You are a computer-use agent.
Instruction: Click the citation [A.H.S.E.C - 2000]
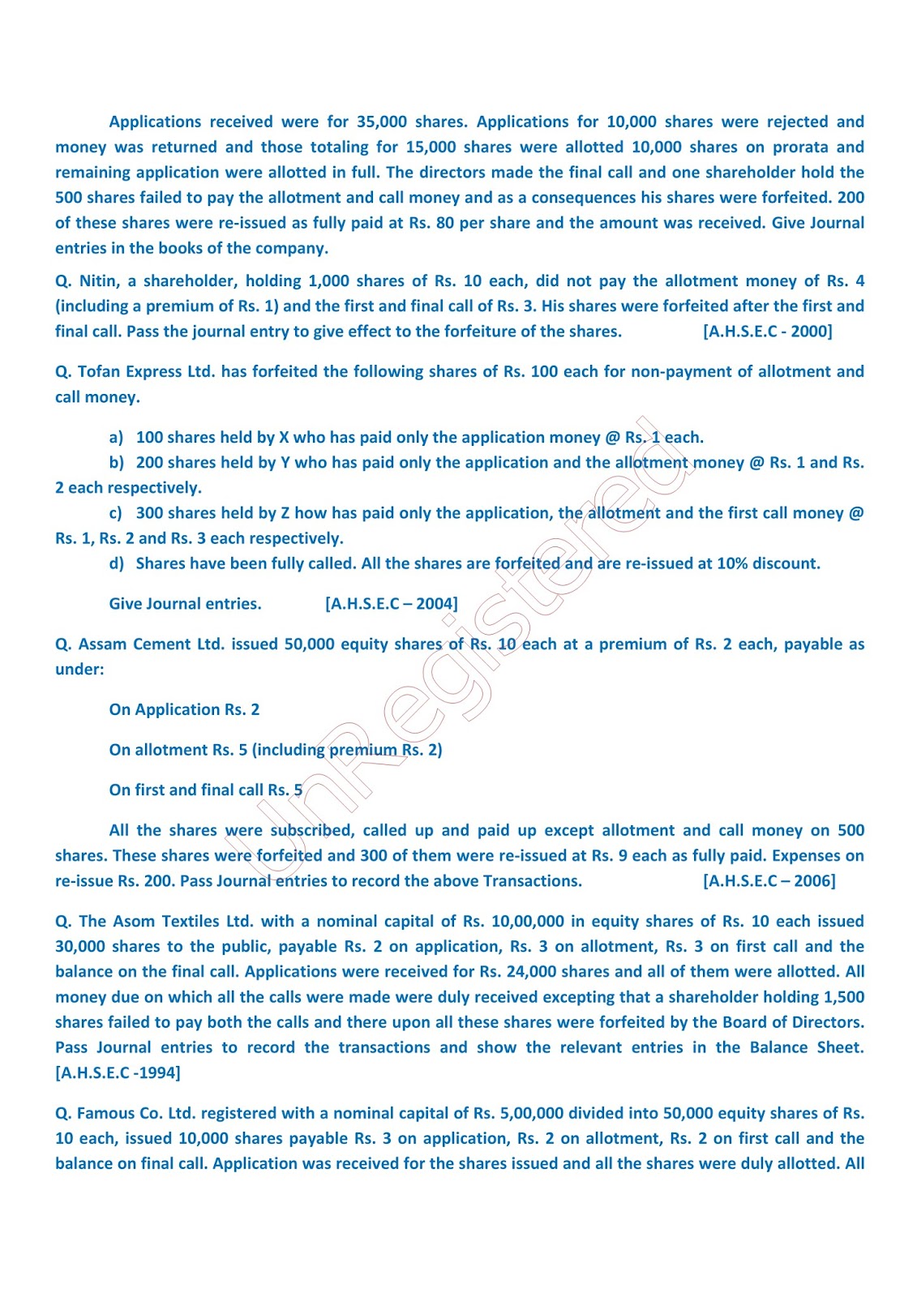click(x=767, y=331)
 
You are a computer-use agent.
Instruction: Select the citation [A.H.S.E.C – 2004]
click(x=391, y=603)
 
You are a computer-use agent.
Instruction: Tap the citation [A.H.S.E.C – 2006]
click(x=769, y=880)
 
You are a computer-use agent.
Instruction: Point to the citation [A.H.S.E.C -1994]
click(x=118, y=1072)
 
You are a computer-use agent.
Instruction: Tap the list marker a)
click(x=116, y=437)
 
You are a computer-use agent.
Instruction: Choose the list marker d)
click(x=116, y=563)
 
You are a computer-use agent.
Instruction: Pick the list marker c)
click(x=116, y=513)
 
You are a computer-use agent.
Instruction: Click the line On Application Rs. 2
click(x=184, y=709)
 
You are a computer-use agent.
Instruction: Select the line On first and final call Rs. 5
click(x=205, y=790)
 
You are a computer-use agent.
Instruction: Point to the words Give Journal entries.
click(x=185, y=603)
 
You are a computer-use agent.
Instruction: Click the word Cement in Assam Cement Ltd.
click(x=161, y=644)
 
